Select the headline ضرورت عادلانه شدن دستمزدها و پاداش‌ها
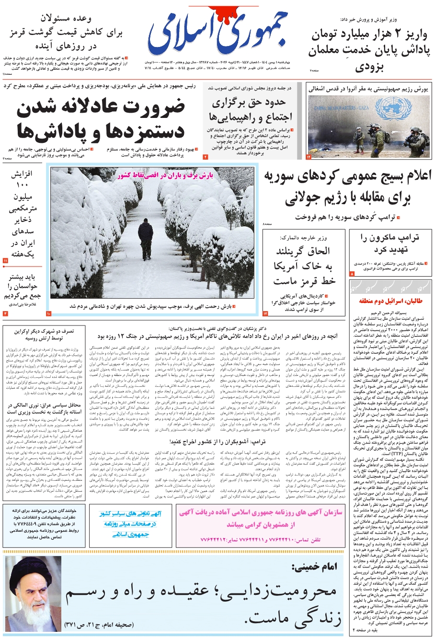click(x=101, y=120)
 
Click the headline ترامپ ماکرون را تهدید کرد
click(x=390, y=244)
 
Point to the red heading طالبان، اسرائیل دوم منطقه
click(x=390, y=301)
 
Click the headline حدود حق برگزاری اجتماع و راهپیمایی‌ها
click(x=249, y=110)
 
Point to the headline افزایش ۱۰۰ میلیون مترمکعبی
click(x=23, y=213)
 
